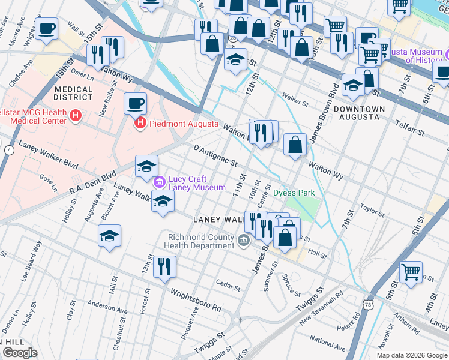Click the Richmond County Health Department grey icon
click(x=244, y=240)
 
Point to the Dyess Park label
click(x=294, y=193)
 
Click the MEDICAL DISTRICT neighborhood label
click(x=74, y=94)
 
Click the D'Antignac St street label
click(x=215, y=155)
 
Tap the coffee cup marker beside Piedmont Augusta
click(x=135, y=103)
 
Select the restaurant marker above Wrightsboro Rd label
click(x=164, y=266)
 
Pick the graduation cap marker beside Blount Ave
click(x=109, y=235)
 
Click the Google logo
click(x=20, y=352)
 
